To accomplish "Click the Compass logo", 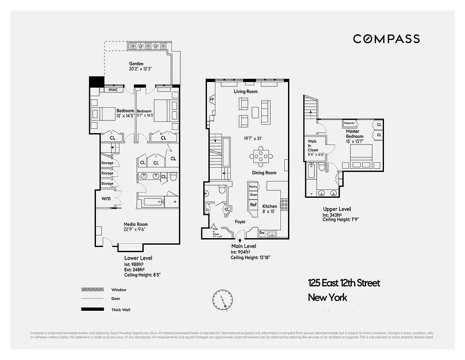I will pyautogui.click(x=386, y=39).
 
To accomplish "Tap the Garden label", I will pyautogui.click(x=136, y=64).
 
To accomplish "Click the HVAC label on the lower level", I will pyautogui.click(x=113, y=90).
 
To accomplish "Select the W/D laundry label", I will pyautogui.click(x=106, y=199).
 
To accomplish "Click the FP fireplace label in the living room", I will pyautogui.click(x=212, y=99).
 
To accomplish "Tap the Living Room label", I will pyautogui.click(x=246, y=92).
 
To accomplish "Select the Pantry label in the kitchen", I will pyautogui.click(x=253, y=187).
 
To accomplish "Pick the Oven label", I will pyautogui.click(x=253, y=195).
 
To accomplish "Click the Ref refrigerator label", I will pyautogui.click(x=253, y=204).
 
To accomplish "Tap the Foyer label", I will pyautogui.click(x=240, y=221).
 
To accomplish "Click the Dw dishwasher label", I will pyautogui.click(x=262, y=232).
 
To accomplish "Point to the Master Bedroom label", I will pyautogui.click(x=353, y=134).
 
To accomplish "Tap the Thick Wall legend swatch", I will pyautogui.click(x=92, y=309).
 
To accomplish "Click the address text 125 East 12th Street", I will pyautogui.click(x=344, y=283).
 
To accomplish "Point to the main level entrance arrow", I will pyautogui.click(x=234, y=240).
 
